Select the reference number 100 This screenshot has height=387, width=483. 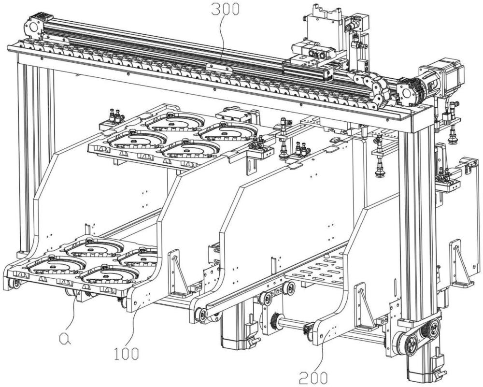[x=126, y=354]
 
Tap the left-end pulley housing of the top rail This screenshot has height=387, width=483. [x=32, y=26]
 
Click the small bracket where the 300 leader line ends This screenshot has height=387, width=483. [x=219, y=67]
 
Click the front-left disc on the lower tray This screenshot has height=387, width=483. [x=56, y=264]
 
